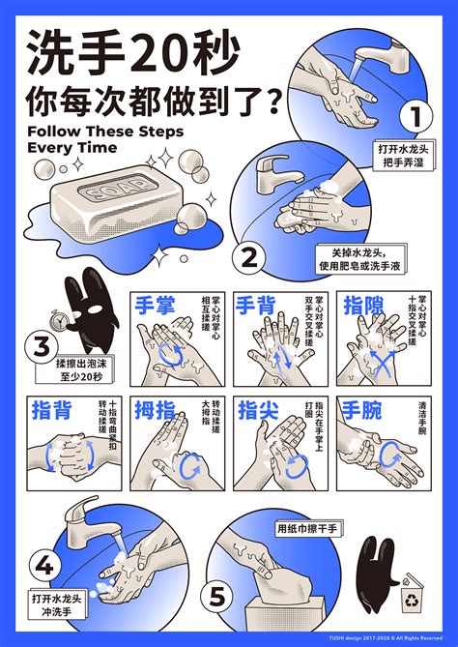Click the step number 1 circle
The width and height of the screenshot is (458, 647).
413,117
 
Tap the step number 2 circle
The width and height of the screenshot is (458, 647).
249,258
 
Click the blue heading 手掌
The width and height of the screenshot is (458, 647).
156,308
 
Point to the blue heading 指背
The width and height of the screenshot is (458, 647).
50,410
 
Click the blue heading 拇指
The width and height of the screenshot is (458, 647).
155,410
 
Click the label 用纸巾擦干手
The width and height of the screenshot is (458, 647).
307,528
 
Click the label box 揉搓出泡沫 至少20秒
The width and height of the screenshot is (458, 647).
72,369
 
